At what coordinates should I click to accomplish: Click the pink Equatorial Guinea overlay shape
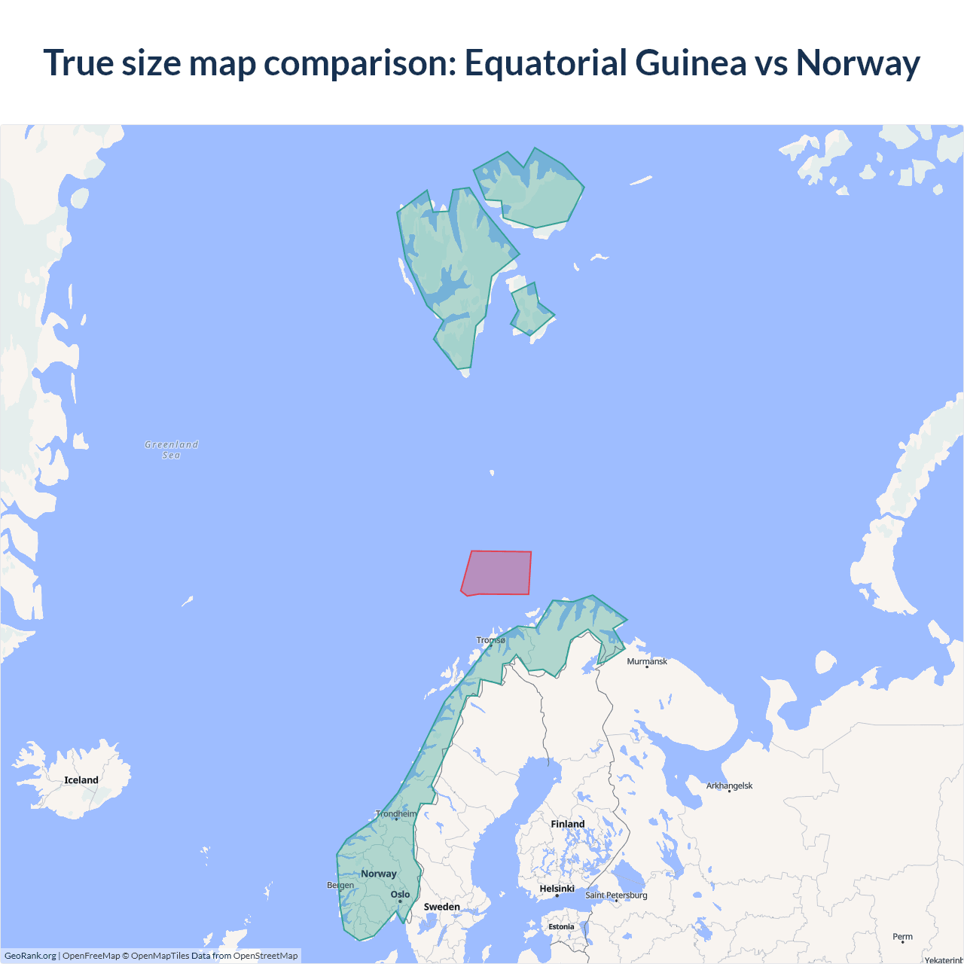click(x=497, y=572)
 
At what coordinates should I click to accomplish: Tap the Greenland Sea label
click(x=172, y=450)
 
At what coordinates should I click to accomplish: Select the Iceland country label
click(x=81, y=780)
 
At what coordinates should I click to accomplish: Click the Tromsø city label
click(x=491, y=640)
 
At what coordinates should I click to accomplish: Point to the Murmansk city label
click(x=647, y=661)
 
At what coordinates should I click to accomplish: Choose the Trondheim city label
click(x=396, y=813)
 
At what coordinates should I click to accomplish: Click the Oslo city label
click(x=400, y=895)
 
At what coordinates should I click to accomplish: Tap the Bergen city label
click(x=340, y=885)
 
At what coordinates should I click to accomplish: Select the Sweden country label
click(x=441, y=907)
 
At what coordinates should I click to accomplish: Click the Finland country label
click(x=567, y=824)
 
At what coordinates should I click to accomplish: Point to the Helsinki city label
click(x=557, y=889)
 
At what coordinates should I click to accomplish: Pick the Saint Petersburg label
click(x=616, y=895)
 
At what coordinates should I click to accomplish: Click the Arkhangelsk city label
click(x=729, y=786)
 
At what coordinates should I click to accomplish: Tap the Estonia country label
click(x=561, y=926)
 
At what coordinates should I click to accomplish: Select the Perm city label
click(x=902, y=937)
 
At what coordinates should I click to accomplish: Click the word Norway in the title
click(x=858, y=63)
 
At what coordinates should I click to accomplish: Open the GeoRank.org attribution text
click(x=30, y=956)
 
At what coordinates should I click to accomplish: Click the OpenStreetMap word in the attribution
click(x=265, y=956)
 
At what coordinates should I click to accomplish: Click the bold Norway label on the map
click(x=378, y=874)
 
